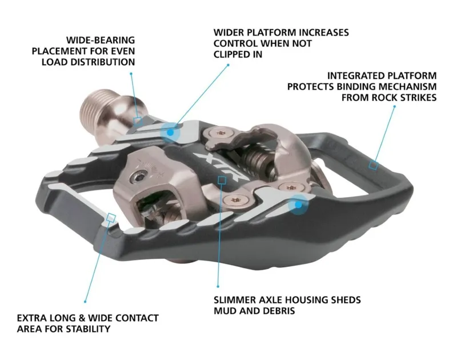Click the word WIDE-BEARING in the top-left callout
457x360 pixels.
tap(101, 41)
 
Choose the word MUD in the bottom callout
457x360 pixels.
tap(225, 311)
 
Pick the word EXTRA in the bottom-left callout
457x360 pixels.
tap(32, 318)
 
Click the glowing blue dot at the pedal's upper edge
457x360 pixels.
tap(170, 131)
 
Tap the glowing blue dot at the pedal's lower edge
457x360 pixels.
tap(298, 203)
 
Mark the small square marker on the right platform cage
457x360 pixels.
tap(373, 165)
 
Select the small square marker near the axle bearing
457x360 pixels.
tap(138, 120)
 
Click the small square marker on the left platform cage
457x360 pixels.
tap(111, 217)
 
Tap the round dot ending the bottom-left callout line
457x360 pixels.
tap(86, 301)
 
